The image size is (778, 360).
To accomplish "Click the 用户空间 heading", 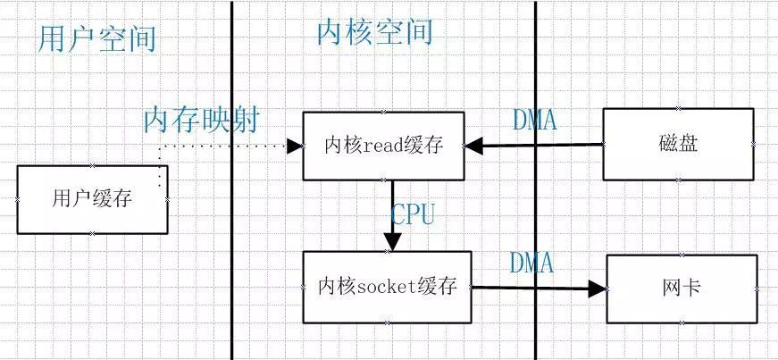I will pos(97,38).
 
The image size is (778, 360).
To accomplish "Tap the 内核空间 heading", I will pos(374,31).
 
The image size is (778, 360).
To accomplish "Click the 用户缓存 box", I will pos(92,199).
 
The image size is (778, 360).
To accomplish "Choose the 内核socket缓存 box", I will pos(387,287).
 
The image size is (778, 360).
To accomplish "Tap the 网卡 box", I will pos(682,289).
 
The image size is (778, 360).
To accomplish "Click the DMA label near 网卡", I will pos(531,263).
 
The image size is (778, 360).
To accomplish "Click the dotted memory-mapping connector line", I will pos(223,145).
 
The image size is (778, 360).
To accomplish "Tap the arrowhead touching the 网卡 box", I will pos(597,288).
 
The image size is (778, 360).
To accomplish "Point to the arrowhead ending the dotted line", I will pos(293,145).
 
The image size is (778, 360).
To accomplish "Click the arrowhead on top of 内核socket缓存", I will pos(391,243).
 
